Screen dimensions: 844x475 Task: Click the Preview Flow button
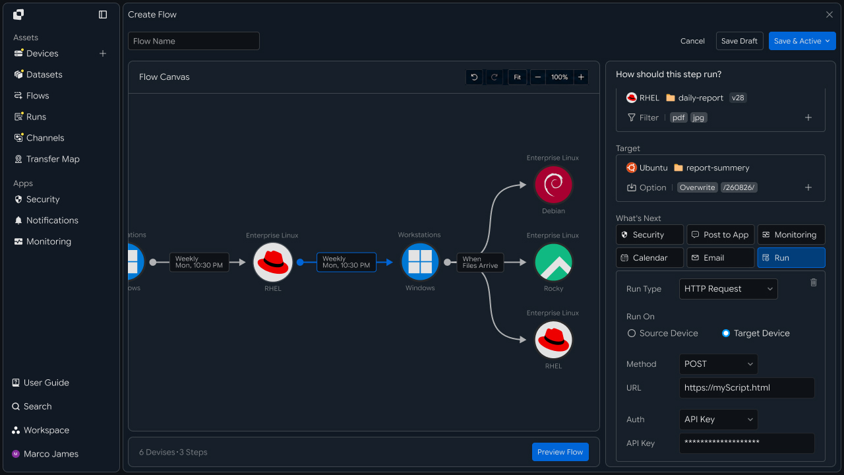[x=560, y=452]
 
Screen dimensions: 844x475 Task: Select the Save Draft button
[x=739, y=41]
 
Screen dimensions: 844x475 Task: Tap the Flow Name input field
[x=194, y=41]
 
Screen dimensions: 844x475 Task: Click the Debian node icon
[x=553, y=185]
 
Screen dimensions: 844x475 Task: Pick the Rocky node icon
[x=553, y=263]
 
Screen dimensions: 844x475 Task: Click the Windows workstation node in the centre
[x=420, y=262]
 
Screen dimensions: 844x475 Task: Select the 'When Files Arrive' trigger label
[x=480, y=262]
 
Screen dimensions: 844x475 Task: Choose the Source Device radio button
[x=632, y=333]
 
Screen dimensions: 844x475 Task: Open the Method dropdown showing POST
[x=718, y=364]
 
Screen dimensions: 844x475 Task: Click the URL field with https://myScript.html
[x=747, y=387]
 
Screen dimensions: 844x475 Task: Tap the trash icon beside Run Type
[x=814, y=282]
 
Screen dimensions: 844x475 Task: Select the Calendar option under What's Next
[x=649, y=257]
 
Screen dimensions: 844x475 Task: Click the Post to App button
[x=721, y=234]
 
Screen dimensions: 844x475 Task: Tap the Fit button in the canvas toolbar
[x=517, y=77]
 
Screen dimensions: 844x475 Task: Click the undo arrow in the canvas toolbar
[x=474, y=77]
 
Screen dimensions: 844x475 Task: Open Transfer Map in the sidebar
[x=53, y=159]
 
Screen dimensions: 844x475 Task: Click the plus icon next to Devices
[x=102, y=53]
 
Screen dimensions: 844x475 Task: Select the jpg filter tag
[x=698, y=117]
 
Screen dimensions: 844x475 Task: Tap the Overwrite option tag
[x=697, y=187]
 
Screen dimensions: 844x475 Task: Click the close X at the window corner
[x=829, y=15]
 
